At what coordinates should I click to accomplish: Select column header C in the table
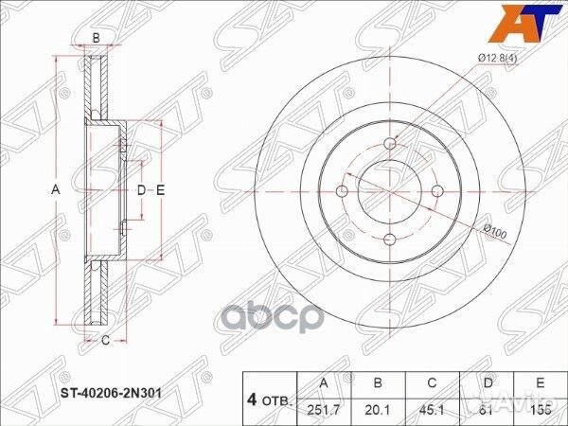click(432, 383)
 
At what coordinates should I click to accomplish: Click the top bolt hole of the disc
click(389, 144)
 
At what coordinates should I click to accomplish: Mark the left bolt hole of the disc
click(343, 190)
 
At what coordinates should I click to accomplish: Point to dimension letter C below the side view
click(106, 341)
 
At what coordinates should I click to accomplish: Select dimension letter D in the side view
click(141, 191)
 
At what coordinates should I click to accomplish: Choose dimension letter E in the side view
click(161, 191)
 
